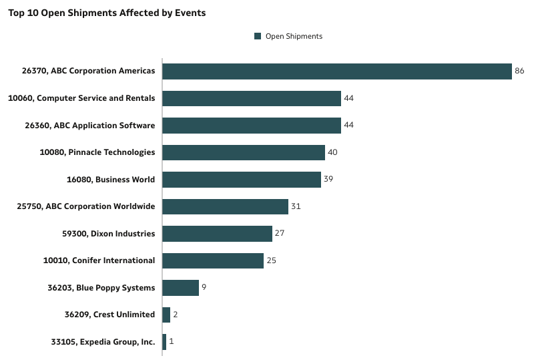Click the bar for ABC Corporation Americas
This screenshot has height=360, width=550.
(336, 71)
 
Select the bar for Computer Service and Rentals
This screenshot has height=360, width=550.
(251, 98)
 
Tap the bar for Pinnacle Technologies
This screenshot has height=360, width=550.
(243, 152)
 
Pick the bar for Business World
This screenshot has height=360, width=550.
(241, 180)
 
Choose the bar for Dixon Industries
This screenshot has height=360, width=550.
(217, 234)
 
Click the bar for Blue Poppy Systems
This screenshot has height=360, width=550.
(180, 288)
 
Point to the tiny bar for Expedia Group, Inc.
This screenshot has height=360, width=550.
(164, 342)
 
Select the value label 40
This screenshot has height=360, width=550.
(332, 152)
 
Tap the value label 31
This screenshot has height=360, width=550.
(296, 206)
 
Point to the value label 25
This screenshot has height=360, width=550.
(271, 260)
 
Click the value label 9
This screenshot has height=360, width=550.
(204, 288)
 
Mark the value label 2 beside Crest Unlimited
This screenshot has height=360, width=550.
(175, 315)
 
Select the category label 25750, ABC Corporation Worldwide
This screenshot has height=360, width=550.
(86, 206)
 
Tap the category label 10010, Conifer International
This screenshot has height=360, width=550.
(99, 260)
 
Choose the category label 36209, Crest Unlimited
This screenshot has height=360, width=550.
(109, 315)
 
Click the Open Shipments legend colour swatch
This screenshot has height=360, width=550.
(258, 36)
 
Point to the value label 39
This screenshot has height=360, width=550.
(328, 180)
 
